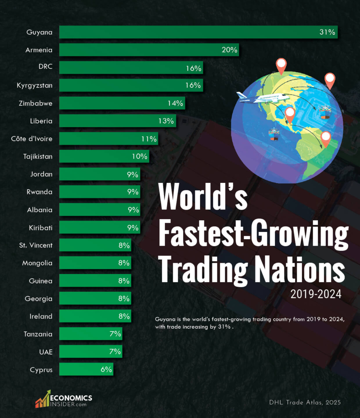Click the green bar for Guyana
coord(198,32)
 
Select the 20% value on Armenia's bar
coord(229,50)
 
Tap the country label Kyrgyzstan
coord(35,85)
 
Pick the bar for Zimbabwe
coord(122,103)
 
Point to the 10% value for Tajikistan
coord(140,157)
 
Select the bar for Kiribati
coord(99,228)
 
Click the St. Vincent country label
coord(36,245)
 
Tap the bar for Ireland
coord(95,316)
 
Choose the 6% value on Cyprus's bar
coord(106,370)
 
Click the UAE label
coord(46,352)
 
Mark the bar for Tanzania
coord(90,334)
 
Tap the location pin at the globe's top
coord(281,66)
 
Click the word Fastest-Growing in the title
coord(253,233)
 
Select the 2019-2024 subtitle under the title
coord(316,294)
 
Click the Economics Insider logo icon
coord(43,399)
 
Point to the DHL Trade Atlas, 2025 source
coord(305,402)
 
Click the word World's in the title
coord(203,197)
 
